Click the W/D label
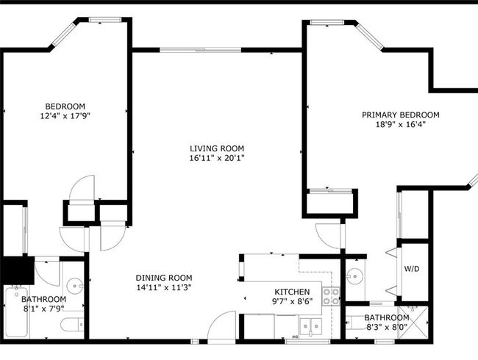click(412, 269)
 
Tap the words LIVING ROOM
click(217, 148)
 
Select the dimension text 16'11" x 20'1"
click(217, 158)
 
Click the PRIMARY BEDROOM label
click(401, 115)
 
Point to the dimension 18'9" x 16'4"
click(401, 124)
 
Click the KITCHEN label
click(292, 292)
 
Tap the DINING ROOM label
click(164, 278)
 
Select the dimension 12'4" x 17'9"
click(65, 116)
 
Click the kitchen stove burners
click(332, 296)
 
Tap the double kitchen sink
click(310, 327)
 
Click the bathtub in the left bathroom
click(17, 312)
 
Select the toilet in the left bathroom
click(72, 325)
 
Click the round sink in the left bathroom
click(75, 286)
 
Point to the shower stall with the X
click(414, 323)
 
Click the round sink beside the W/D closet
click(354, 276)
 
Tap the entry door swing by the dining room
click(221, 326)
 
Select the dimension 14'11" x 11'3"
click(164, 287)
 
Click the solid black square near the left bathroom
click(18, 270)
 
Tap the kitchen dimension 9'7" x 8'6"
click(292, 301)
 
